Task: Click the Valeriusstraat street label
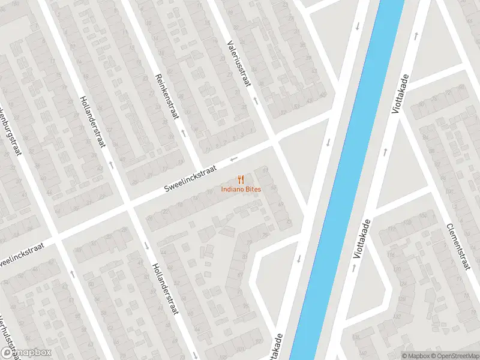click(x=238, y=62)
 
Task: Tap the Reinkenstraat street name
click(x=167, y=96)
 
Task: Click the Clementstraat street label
click(x=457, y=246)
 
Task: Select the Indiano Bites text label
click(x=240, y=190)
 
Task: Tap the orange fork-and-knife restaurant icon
click(x=240, y=179)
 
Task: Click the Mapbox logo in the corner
click(x=26, y=352)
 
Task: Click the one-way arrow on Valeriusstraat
click(x=255, y=99)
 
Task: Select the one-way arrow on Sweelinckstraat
click(x=234, y=159)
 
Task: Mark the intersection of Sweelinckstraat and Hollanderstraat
click(x=127, y=205)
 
